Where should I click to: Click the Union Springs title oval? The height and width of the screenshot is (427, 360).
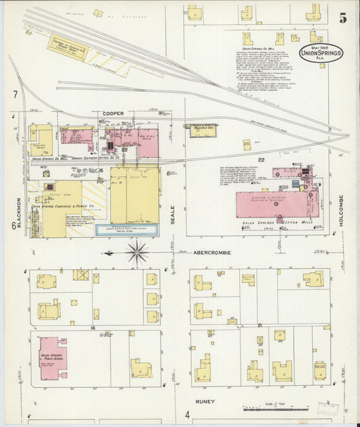[x=322, y=53]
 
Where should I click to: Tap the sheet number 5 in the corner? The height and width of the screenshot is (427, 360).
[x=343, y=18]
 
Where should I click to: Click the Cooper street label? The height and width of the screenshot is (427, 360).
[x=113, y=114]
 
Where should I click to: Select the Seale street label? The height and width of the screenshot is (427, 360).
[x=172, y=214]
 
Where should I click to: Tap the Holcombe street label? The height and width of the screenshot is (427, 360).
[x=341, y=210]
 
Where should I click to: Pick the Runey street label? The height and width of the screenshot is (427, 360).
[x=205, y=401]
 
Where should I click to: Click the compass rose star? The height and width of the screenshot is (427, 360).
[x=137, y=253]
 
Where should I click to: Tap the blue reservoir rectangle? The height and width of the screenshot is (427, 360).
[x=128, y=230]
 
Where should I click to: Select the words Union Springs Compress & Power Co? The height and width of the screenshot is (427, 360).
[x=68, y=206]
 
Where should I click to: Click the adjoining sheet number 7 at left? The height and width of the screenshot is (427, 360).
[x=14, y=95]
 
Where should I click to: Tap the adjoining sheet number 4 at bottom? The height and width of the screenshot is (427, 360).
[x=187, y=414]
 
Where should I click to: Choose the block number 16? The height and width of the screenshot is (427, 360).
[x=93, y=327]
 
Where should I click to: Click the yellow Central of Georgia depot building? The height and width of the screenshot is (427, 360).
[x=67, y=47]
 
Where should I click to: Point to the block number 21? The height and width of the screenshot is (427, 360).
[x=259, y=326]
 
